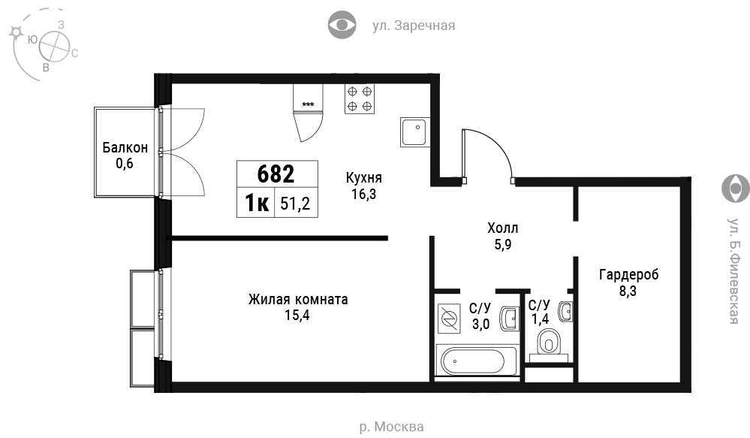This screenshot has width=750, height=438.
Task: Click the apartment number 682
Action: pyautogui.click(x=276, y=174)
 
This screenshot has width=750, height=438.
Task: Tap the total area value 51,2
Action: pyautogui.click(x=295, y=204)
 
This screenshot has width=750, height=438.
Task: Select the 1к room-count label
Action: pyautogui.click(x=257, y=203)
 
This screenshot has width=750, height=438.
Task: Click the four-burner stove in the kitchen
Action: pyautogui.click(x=360, y=98)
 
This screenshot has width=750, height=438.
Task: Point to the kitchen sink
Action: pyautogui.click(x=414, y=131)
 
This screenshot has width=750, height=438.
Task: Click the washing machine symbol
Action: pyautogui.click(x=449, y=319)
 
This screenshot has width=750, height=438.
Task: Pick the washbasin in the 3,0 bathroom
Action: pyautogui.click(x=510, y=319)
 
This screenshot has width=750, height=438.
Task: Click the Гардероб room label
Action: pyautogui.click(x=628, y=275)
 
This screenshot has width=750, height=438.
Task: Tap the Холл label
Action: pyautogui.click(x=503, y=228)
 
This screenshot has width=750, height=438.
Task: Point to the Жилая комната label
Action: pyautogui.click(x=298, y=300)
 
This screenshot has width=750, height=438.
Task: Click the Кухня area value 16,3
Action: pyautogui.click(x=364, y=195)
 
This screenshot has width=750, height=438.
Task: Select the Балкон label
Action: pyautogui.click(x=125, y=147)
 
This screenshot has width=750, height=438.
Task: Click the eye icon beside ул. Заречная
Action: pyautogui.click(x=342, y=25)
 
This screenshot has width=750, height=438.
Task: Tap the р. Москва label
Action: pyautogui.click(x=391, y=427)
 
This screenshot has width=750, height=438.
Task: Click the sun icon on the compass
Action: pyautogui.click(x=17, y=32)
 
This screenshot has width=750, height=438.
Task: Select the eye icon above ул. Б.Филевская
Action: pyautogui.click(x=736, y=189)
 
